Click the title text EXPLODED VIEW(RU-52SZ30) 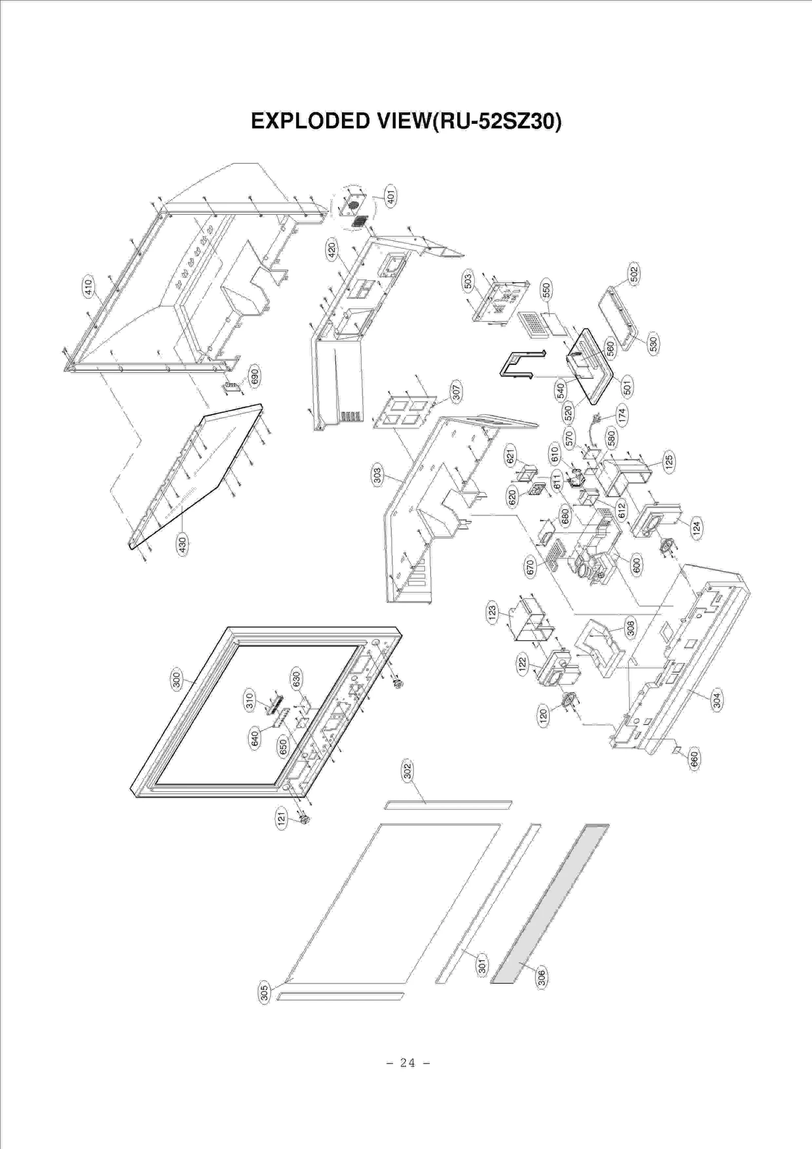coord(406,122)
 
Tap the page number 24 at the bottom coord(408,1062)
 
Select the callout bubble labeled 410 coord(88,287)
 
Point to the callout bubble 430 coord(183,545)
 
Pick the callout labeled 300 coord(177,680)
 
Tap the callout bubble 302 coord(408,771)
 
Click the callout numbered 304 coord(717,701)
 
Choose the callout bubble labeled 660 coord(694,759)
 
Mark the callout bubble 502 coord(634,275)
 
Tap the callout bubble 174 coord(622,414)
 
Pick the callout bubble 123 coord(492,614)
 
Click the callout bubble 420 coord(331,250)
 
